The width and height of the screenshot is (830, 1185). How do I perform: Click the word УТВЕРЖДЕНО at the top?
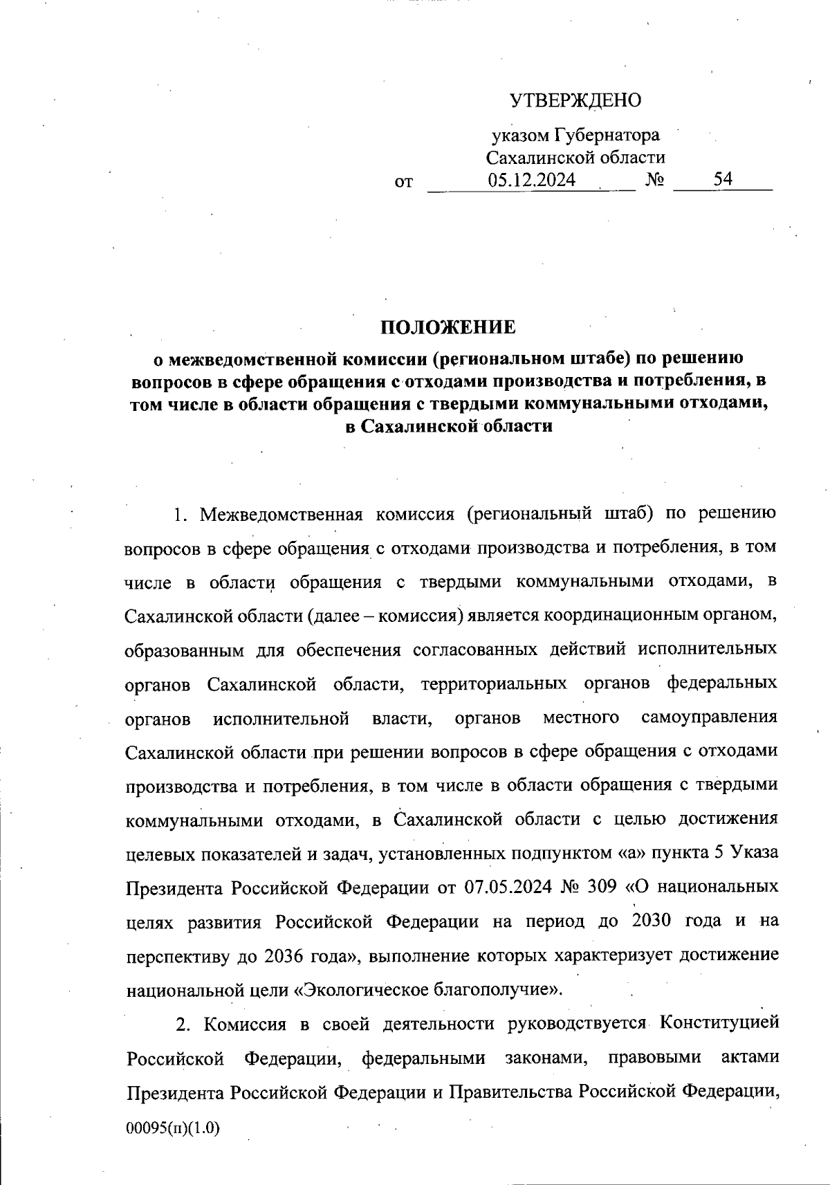[575, 101]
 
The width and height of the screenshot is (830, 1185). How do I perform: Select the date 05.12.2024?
[531, 180]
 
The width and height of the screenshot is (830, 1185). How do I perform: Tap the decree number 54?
[723, 179]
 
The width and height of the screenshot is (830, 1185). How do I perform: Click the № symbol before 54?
[655, 181]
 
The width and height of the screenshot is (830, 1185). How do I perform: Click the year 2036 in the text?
[284, 955]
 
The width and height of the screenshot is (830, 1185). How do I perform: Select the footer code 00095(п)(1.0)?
[172, 1128]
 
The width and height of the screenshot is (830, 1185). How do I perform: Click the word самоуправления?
[710, 717]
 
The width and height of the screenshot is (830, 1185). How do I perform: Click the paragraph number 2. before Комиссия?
[183, 1024]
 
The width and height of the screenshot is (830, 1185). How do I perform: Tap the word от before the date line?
[403, 183]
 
